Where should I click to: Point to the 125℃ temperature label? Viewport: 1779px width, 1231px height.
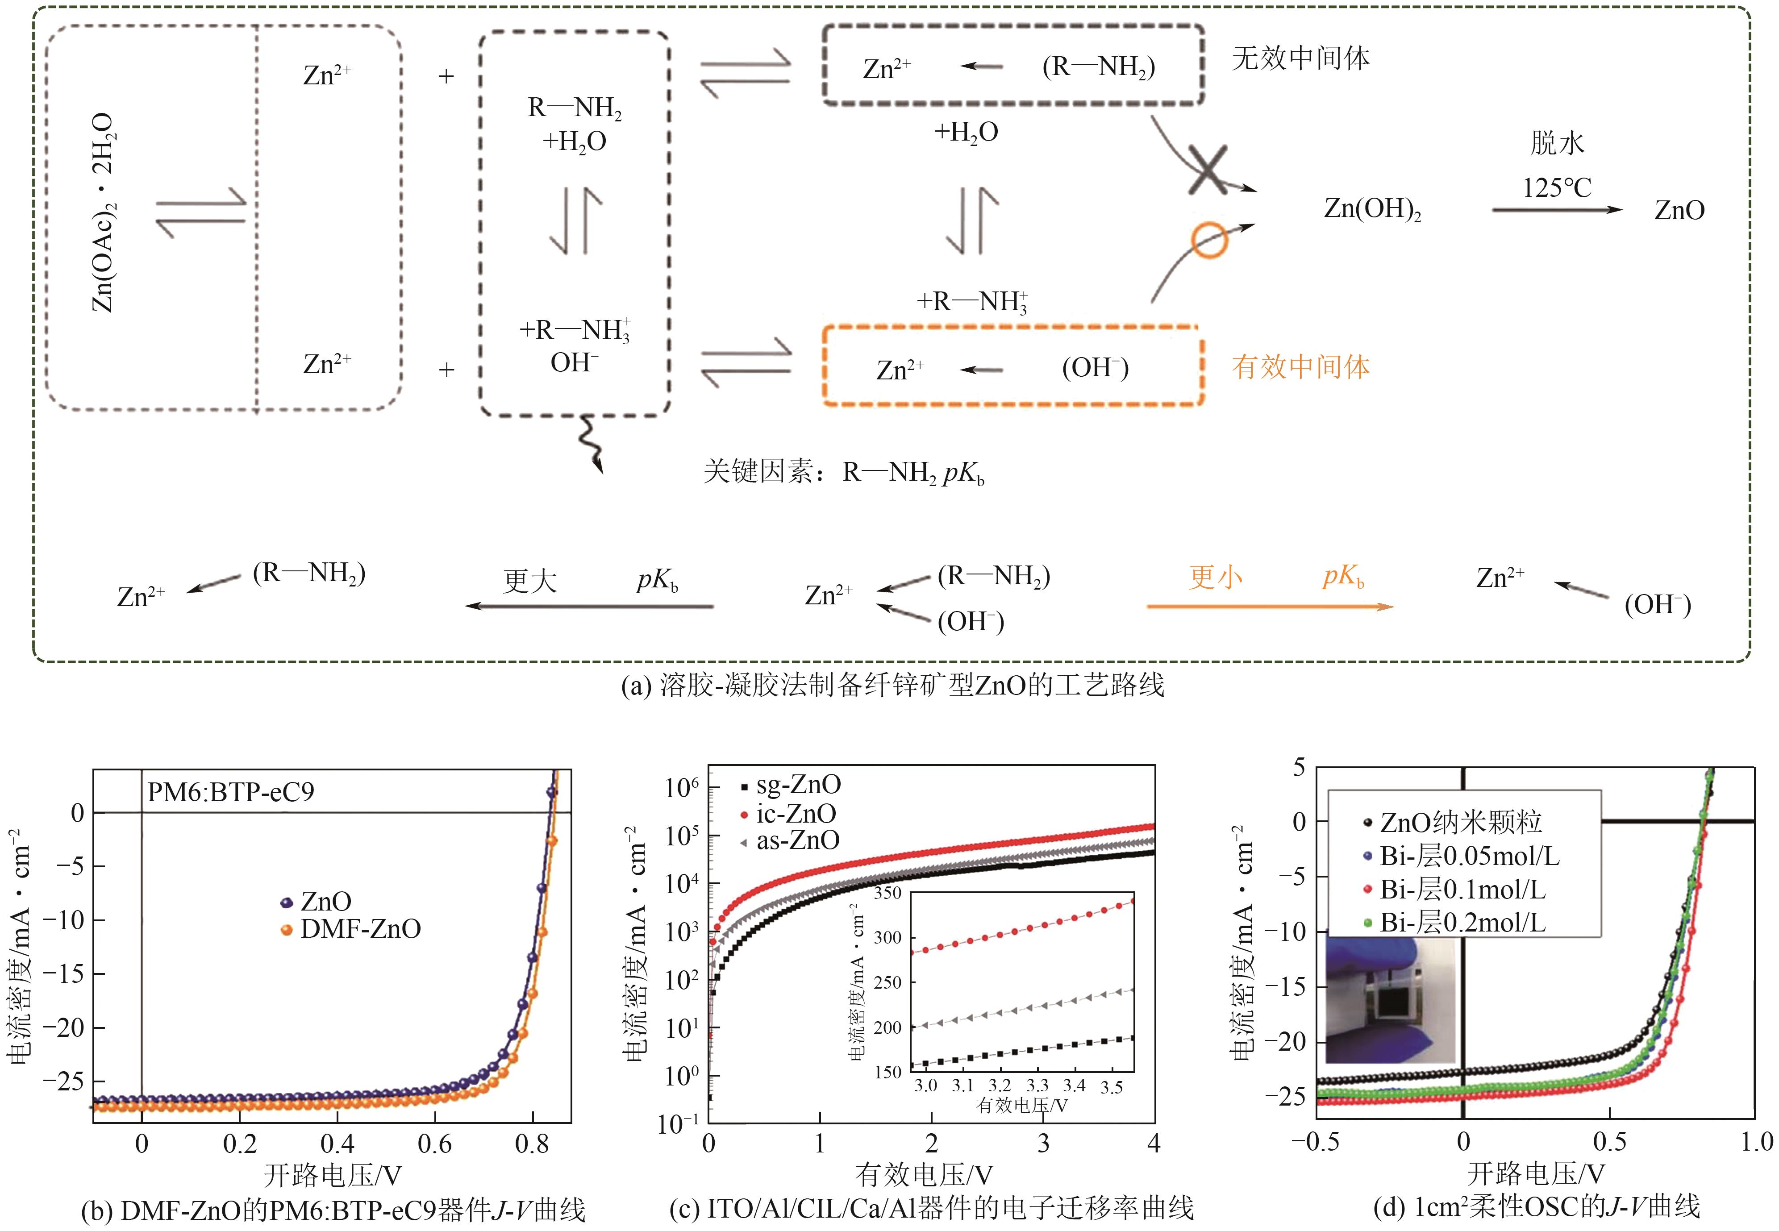[1556, 187]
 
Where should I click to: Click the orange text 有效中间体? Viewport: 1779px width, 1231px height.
[1301, 366]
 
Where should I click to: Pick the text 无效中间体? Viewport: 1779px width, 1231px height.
[1301, 58]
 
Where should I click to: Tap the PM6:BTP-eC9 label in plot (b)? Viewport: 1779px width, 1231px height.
[231, 792]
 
